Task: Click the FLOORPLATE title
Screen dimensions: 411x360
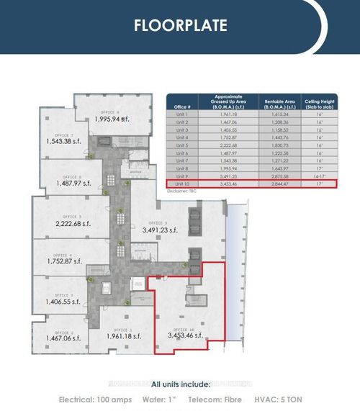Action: click(x=180, y=26)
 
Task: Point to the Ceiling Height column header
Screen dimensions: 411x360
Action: click(x=317, y=103)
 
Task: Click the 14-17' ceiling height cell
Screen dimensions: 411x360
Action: click(x=317, y=176)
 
